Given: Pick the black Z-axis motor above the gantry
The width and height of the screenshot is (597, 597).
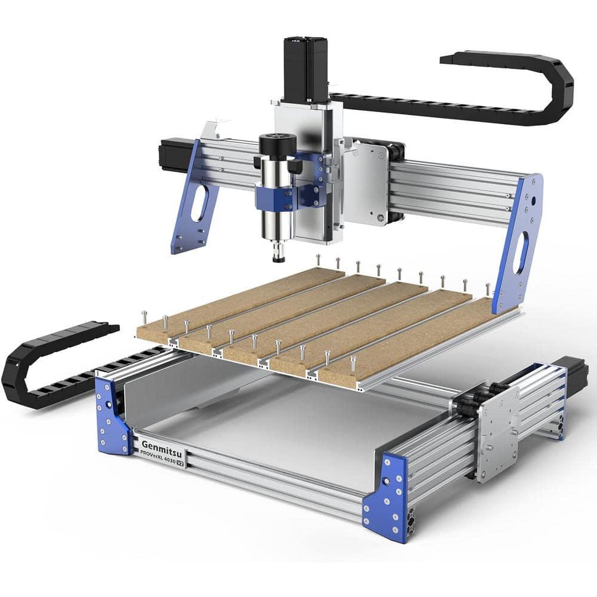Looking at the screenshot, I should [305, 69].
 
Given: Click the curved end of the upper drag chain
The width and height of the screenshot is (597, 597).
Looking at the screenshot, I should [561, 90].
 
